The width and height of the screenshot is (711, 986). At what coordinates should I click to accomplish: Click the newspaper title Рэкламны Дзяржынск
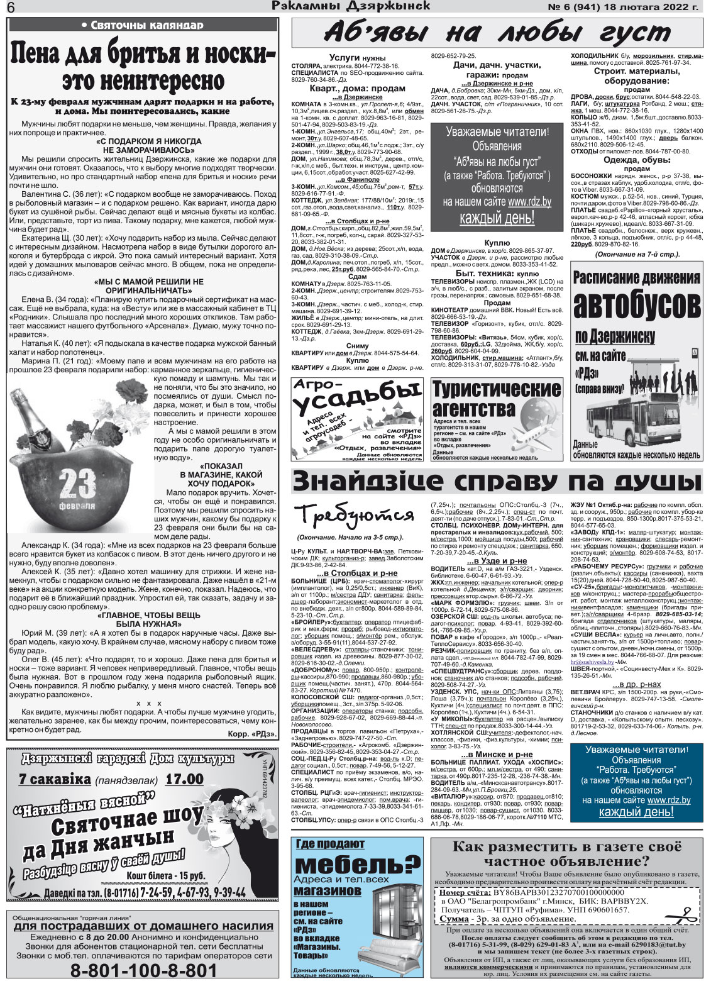(x=351, y=7)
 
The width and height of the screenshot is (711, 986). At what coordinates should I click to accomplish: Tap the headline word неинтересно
(x=143, y=80)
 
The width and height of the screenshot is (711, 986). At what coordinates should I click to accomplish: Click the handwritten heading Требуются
(x=355, y=516)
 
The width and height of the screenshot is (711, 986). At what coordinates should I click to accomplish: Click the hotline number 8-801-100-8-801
(x=143, y=970)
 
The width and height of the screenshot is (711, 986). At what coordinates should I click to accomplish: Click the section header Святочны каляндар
(x=143, y=25)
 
